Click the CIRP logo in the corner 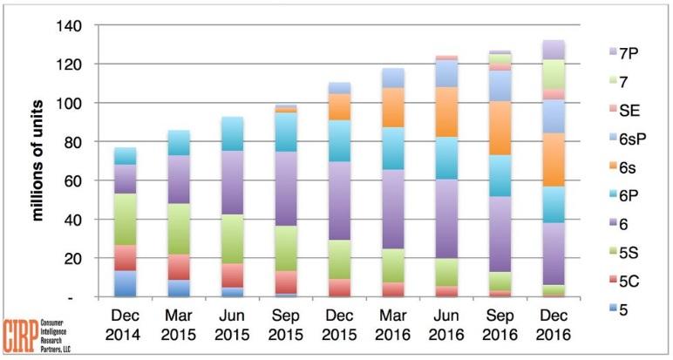(37, 336)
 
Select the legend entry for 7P (623, 53)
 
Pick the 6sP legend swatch (613, 139)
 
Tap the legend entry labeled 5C (623, 282)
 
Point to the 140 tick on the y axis (69, 26)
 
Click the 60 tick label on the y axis (73, 180)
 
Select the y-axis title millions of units (38, 160)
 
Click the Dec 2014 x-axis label (126, 325)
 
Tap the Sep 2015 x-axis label (286, 325)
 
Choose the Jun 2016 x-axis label (446, 325)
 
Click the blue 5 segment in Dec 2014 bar (126, 283)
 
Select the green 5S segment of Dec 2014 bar (126, 220)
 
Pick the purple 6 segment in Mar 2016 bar (393, 209)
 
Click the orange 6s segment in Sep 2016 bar (500, 128)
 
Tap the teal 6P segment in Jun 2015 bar (233, 133)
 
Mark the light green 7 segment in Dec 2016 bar (554, 74)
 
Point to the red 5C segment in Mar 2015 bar (179, 267)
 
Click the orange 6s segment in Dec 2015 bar (339, 107)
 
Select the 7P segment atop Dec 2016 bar (554, 50)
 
